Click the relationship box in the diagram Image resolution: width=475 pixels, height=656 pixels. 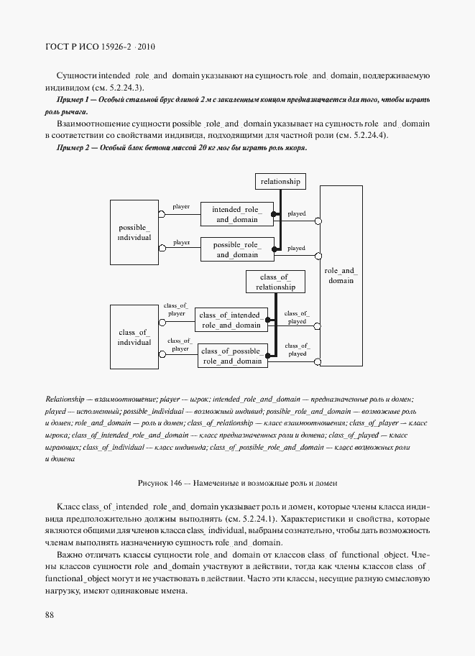pyautogui.click(x=280, y=181)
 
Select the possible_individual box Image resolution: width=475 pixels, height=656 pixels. pyautogui.click(x=134, y=232)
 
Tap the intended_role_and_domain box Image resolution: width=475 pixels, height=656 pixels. pyautogui.click(x=236, y=214)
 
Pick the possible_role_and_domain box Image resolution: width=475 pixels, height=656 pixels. pyautogui.click(x=236, y=249)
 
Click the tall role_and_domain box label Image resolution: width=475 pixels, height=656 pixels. pyautogui.click(x=341, y=275)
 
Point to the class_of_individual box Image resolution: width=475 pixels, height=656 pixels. pyautogui.click(x=134, y=337)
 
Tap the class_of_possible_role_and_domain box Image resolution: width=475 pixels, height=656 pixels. pyautogui.click(x=232, y=356)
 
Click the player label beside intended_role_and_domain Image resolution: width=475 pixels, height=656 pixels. pyautogui.click(x=181, y=207)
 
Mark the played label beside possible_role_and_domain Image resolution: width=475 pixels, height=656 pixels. pyautogui.click(x=296, y=249)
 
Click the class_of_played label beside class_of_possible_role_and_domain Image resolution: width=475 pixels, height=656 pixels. pyautogui.click(x=297, y=349)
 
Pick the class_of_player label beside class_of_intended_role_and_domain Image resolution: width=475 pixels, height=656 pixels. pyautogui.click(x=176, y=310)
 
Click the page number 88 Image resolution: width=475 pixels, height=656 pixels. pyautogui.click(x=50, y=614)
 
